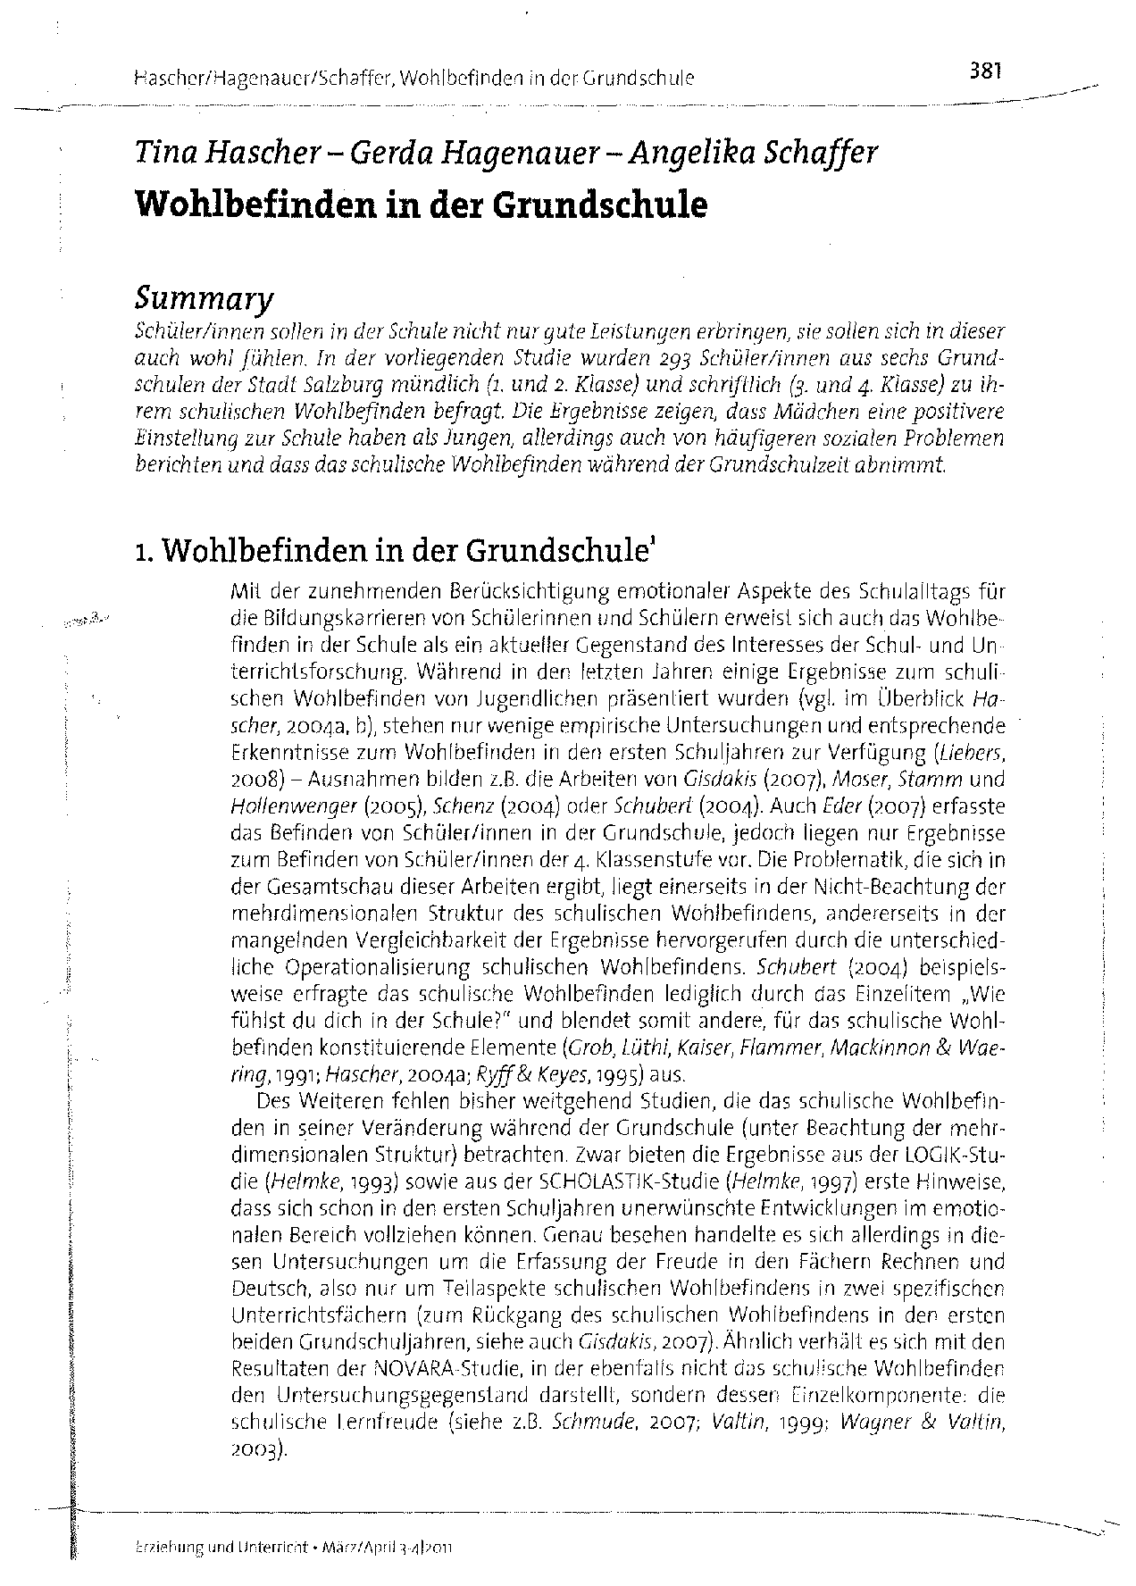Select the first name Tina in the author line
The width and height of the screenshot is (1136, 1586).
click(162, 154)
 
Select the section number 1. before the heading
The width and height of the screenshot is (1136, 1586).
click(145, 555)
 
